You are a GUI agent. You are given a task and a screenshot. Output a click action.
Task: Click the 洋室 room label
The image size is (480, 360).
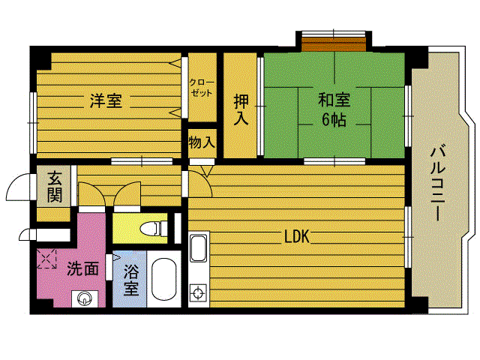point(106,100)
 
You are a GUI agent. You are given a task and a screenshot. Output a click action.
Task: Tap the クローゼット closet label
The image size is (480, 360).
point(202,88)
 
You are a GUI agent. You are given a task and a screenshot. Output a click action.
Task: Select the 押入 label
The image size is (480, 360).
point(241,109)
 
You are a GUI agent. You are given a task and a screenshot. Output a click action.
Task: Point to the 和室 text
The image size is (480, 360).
point(334,100)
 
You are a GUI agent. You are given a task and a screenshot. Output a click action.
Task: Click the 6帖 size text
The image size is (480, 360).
point(334,120)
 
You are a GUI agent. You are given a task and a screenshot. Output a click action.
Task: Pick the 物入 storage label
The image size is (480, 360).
point(202,142)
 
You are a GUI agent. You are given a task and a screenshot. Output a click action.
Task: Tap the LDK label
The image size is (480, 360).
point(297,236)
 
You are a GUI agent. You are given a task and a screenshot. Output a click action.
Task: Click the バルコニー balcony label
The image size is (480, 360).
point(438,183)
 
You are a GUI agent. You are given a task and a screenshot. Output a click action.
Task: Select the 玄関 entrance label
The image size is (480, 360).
point(54,187)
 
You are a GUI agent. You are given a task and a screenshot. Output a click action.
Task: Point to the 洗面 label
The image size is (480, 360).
point(82,268)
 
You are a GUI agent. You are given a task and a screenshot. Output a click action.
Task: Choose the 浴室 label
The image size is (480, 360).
point(131,280)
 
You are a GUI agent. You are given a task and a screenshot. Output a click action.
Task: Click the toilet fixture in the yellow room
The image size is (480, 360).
point(154,228)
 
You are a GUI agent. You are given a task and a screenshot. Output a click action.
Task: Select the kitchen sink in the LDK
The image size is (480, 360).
point(198,248)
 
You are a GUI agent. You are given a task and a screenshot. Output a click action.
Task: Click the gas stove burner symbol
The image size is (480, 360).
point(198,293)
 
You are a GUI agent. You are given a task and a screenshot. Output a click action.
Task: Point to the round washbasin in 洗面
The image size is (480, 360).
point(84,298)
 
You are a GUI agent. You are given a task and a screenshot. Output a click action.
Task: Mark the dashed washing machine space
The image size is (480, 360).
point(46,259)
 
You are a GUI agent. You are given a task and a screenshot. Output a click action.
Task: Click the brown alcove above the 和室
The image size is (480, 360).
point(334,43)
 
